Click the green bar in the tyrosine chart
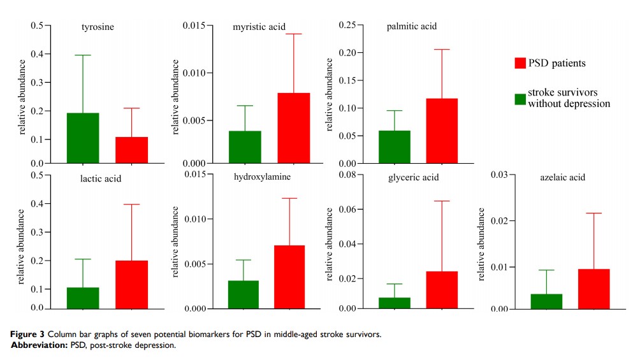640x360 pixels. coord(83,138)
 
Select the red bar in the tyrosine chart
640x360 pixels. coord(132,150)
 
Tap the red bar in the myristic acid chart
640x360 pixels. coord(293,127)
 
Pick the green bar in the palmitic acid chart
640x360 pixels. coord(394,147)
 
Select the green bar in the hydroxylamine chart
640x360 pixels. coord(243,294)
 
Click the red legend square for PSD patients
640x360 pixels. coord(520,62)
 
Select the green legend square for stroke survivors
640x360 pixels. coord(520,98)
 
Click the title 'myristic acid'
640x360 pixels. coord(259,27)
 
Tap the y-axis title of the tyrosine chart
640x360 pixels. coord(22,96)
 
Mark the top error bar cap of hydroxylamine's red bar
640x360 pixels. coord(289,198)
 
